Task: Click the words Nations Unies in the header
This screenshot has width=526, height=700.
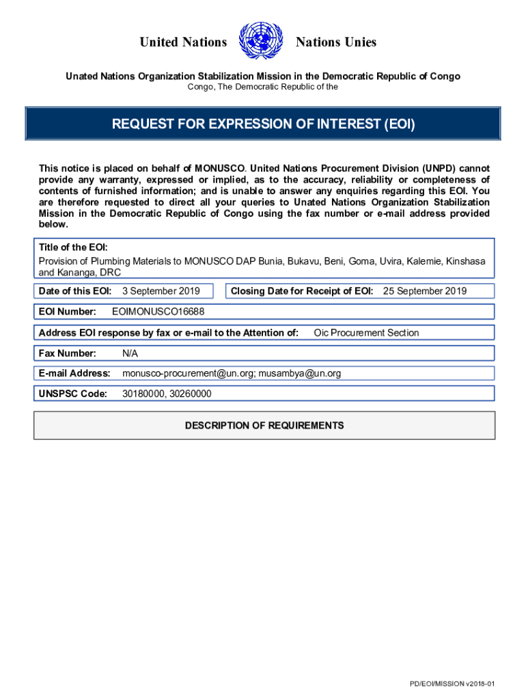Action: [x=335, y=42]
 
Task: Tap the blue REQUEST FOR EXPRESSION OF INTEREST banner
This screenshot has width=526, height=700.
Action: [x=263, y=124]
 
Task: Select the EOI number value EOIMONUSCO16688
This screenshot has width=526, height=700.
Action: [x=158, y=312]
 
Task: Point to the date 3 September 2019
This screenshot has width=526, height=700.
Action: [x=161, y=291]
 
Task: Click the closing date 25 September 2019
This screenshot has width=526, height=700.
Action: [x=424, y=291]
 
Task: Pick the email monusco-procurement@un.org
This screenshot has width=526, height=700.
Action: [x=179, y=373]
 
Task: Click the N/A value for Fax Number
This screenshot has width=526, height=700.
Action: [x=130, y=353]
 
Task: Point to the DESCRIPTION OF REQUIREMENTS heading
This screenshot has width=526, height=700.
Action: [x=264, y=425]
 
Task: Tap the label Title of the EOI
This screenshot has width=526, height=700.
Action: [x=73, y=247]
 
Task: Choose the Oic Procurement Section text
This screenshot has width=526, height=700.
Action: [x=366, y=333]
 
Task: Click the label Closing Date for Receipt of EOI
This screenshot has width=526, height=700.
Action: [x=301, y=291]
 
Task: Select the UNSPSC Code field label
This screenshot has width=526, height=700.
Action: [x=73, y=394]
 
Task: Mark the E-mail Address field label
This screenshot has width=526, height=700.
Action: [x=74, y=373]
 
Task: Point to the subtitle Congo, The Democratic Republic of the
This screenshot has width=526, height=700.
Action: [x=263, y=87]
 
